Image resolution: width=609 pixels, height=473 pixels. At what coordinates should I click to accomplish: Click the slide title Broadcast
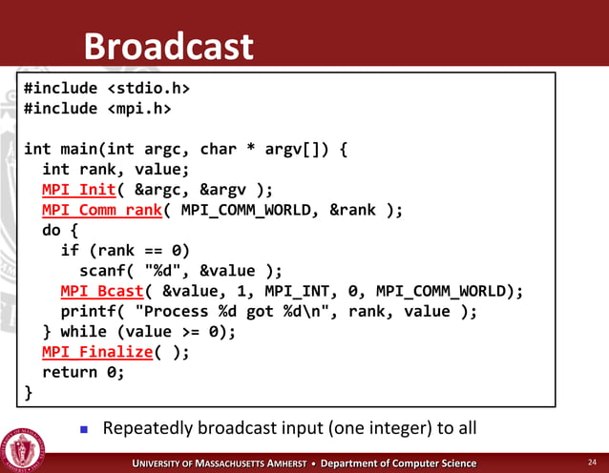(168, 46)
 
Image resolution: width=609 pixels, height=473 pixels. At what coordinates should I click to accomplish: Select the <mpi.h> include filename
(138, 109)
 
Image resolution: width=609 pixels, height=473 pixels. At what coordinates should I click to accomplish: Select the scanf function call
(102, 271)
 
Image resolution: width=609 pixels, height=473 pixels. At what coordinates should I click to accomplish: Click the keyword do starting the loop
(52, 230)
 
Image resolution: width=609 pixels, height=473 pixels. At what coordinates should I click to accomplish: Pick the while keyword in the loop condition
(83, 332)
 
